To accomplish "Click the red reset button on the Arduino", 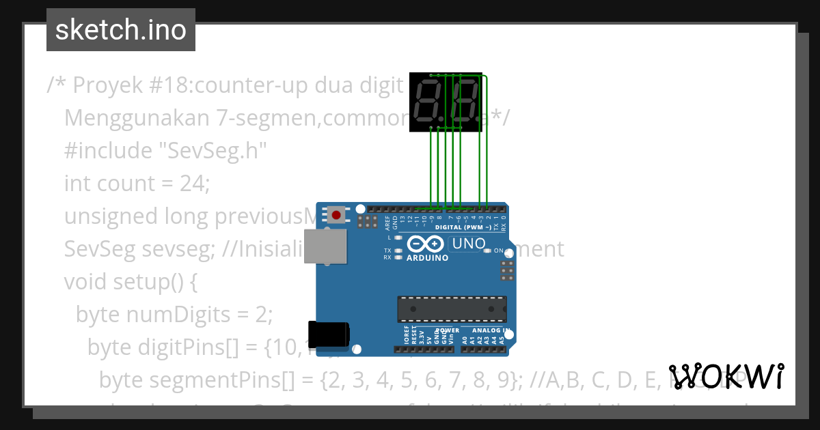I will (x=336, y=215).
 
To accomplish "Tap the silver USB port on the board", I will (x=325, y=246).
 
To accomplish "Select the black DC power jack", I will (x=329, y=334).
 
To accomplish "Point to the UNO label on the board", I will (x=469, y=244).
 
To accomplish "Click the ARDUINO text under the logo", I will (x=427, y=258).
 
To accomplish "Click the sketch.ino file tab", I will (x=121, y=30).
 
